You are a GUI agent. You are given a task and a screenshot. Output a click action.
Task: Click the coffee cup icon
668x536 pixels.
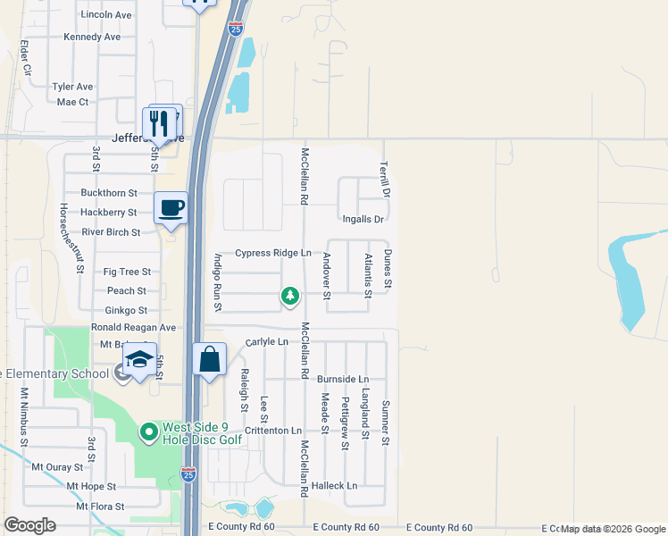tap(171, 208)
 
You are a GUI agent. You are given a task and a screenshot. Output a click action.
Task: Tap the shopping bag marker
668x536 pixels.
tap(209, 360)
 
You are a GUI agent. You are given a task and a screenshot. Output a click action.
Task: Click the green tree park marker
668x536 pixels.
tap(289, 295)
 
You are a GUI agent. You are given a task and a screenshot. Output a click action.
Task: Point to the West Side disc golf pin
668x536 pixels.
tap(149, 433)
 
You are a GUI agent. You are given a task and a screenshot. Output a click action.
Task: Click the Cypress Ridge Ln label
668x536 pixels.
tap(273, 253)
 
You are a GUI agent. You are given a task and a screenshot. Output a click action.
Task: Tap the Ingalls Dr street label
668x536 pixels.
tap(363, 219)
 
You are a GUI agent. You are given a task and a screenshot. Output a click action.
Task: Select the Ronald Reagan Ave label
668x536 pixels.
tap(133, 328)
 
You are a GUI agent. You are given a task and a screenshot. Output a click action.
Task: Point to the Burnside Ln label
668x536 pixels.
tap(343, 380)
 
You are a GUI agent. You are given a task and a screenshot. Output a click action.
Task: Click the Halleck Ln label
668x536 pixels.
tap(338, 486)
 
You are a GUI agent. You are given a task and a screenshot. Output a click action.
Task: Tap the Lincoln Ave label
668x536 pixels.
tap(105, 15)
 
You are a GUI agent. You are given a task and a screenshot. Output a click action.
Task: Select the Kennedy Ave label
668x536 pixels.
tap(92, 37)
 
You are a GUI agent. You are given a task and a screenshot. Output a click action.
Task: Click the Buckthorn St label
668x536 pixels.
tap(109, 192)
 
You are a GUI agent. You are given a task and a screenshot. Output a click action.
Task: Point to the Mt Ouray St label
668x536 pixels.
tap(57, 466)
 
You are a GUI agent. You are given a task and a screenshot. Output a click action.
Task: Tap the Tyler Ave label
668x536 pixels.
tap(72, 87)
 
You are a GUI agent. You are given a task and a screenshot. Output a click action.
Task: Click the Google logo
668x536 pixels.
tap(29, 525)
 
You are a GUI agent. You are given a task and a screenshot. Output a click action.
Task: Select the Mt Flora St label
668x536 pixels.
tap(99, 506)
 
